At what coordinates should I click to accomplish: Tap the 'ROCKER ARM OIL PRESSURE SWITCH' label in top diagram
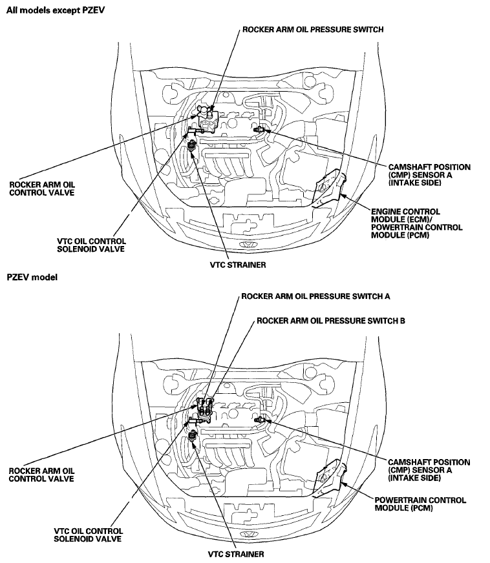tap(313, 29)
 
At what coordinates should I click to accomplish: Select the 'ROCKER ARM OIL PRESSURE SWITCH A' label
tap(315, 298)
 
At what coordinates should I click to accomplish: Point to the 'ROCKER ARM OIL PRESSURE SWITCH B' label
tap(331, 320)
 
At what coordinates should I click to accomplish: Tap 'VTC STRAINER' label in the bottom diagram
tap(236, 554)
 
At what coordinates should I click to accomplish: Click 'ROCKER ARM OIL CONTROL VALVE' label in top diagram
tap(41, 188)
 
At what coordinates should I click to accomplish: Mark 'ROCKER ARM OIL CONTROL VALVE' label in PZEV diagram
tap(41, 475)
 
